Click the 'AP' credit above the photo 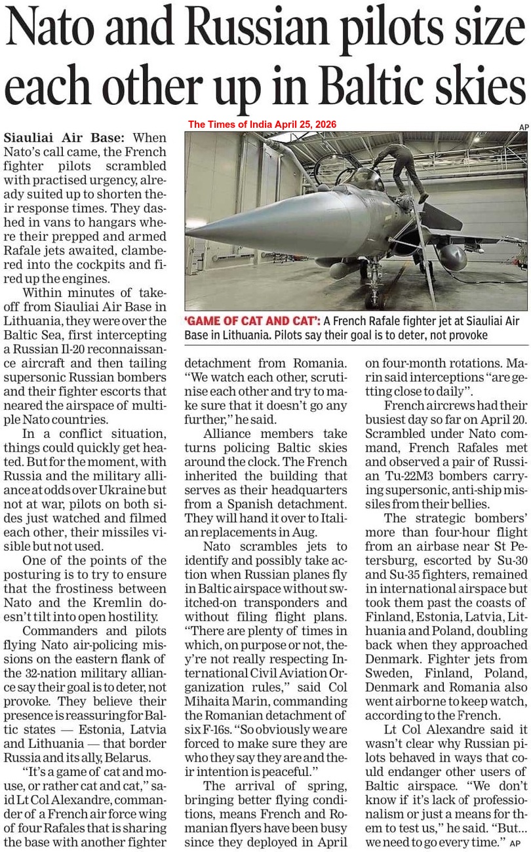pos(523,126)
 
